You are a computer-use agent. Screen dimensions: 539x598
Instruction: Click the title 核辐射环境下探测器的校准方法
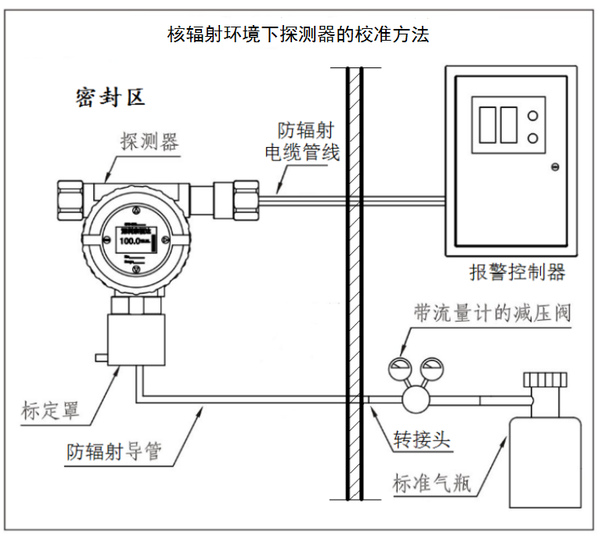(299, 34)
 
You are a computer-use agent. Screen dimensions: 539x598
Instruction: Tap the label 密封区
(110, 98)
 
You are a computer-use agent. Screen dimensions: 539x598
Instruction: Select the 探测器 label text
(149, 141)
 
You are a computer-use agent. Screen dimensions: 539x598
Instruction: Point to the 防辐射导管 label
(113, 451)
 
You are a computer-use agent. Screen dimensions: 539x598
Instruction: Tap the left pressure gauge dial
(399, 368)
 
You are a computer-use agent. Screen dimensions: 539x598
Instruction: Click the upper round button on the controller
(533, 117)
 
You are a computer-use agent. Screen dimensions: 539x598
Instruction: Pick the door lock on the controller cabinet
(555, 166)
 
